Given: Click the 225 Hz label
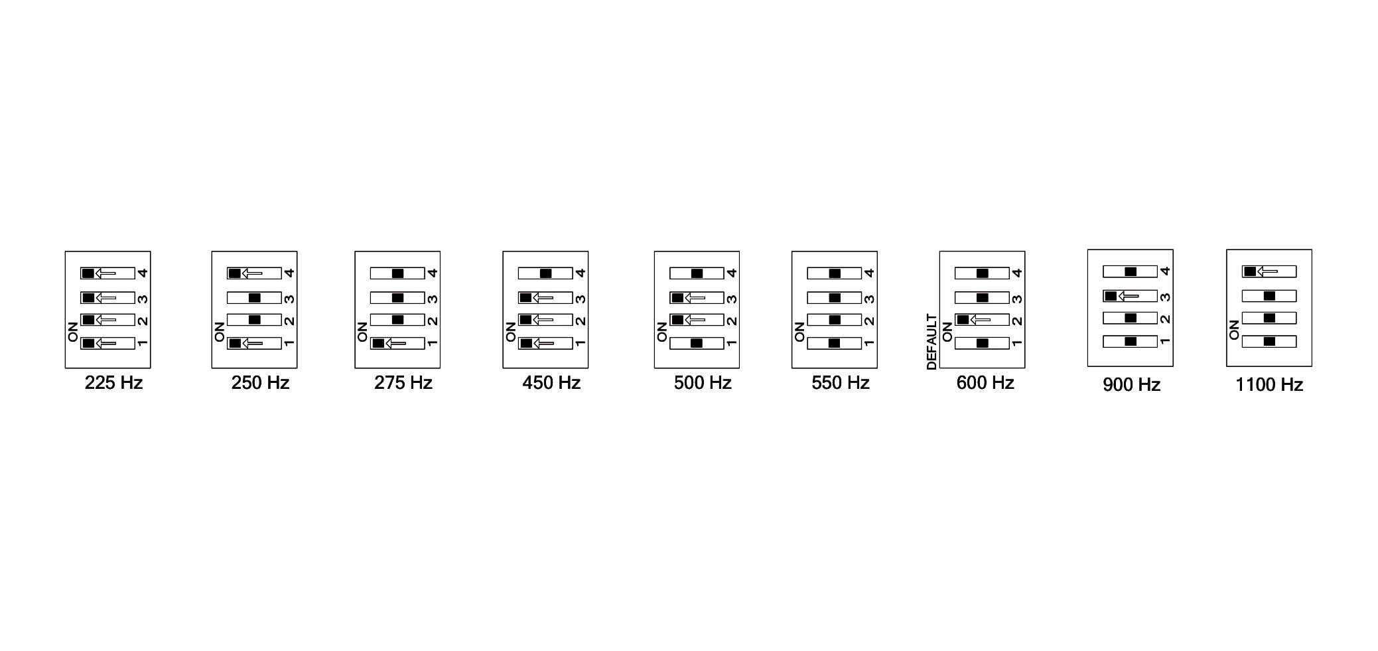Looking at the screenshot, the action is click(113, 383).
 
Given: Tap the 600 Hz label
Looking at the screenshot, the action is click(985, 383).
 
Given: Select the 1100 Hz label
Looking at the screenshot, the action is click(1269, 385).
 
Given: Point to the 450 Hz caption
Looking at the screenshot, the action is click(551, 383).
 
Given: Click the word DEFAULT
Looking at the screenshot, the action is click(931, 342).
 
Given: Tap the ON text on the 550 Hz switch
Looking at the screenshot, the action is click(799, 332).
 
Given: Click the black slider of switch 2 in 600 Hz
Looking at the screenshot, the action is click(963, 320).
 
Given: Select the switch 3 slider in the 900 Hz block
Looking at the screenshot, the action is click(1111, 296).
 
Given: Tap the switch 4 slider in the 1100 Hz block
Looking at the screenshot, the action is click(1250, 271).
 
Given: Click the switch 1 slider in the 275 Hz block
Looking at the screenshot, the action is click(378, 343).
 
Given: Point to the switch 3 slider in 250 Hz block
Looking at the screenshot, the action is click(254, 298).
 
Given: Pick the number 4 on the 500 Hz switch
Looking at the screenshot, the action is click(732, 273).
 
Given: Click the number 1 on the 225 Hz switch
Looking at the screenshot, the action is click(142, 343).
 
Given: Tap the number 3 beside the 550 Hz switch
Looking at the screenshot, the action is click(869, 299).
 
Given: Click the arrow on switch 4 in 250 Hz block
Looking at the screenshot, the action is click(251, 273).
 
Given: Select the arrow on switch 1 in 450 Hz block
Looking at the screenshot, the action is click(543, 343).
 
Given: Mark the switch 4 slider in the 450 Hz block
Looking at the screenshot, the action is click(545, 273).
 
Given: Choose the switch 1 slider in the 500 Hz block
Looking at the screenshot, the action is click(697, 343).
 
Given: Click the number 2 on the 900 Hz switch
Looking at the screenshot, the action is click(1165, 319).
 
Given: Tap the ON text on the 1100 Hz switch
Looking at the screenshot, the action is click(1234, 330).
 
